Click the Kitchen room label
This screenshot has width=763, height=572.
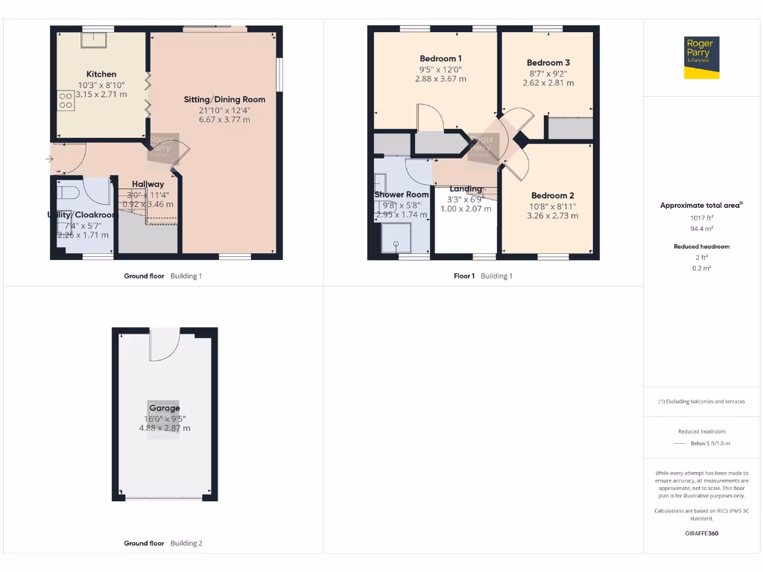101,74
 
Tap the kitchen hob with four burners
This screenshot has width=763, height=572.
65,100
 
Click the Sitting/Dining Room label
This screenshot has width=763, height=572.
224,99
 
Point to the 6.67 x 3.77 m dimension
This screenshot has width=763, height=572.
224,119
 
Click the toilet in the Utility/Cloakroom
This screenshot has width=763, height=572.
69,194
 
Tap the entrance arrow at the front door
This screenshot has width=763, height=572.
51,159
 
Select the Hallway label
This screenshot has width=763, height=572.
148,184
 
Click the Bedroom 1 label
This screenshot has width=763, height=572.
440,59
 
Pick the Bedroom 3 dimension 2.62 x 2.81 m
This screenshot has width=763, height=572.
548,83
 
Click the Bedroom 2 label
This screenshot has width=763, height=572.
552,196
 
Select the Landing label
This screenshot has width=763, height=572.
466,189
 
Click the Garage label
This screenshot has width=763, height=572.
164,408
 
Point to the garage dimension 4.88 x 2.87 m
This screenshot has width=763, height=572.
164,428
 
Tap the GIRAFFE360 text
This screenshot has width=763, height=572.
701,533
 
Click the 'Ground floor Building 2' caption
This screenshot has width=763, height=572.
162,544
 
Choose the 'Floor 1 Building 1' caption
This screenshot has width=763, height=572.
483,276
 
